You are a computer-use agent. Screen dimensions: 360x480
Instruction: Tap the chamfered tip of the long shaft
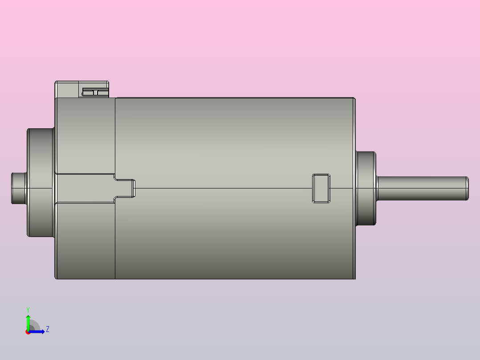pos(467,188)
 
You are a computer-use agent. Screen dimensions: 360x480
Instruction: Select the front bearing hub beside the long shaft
pos(366,188)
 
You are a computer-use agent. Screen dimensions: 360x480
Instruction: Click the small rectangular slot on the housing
pos(321,188)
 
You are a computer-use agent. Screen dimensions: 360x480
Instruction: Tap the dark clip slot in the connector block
pos(95,92)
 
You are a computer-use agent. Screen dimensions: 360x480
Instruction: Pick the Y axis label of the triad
pos(28,309)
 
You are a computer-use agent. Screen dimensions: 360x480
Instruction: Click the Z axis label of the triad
pos(47,330)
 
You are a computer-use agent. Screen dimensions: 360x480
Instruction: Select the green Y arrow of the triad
pos(28,321)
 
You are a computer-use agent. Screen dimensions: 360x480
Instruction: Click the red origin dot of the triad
pos(28,332)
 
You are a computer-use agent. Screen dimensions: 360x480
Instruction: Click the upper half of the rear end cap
pos(85,134)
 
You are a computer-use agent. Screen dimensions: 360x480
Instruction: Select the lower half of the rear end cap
pos(85,241)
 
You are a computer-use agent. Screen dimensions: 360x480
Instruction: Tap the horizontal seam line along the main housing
pos(223,188)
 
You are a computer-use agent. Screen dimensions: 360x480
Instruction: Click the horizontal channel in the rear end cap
pos(85,188)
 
